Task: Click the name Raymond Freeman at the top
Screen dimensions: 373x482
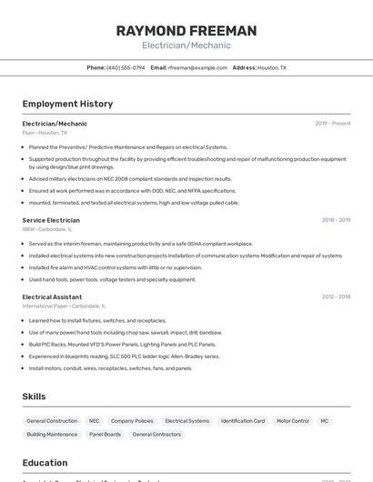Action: click(x=186, y=31)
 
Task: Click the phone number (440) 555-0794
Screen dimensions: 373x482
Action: click(x=126, y=67)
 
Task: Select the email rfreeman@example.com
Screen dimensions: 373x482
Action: click(x=197, y=67)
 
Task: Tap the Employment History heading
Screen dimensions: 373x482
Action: click(x=67, y=104)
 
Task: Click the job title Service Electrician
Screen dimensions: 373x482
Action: click(x=51, y=220)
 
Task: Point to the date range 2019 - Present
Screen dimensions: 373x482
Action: click(x=333, y=124)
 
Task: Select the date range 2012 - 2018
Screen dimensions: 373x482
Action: click(x=336, y=296)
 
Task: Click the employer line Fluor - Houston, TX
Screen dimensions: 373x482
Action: click(x=45, y=133)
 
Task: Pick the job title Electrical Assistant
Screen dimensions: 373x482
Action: click(x=52, y=296)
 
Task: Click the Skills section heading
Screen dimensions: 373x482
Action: click(x=34, y=397)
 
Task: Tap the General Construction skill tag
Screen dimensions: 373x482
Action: click(x=52, y=421)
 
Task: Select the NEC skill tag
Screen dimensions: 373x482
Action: click(x=94, y=421)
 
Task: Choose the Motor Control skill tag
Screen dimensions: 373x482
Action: click(x=293, y=421)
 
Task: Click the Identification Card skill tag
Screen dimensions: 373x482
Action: click(x=243, y=421)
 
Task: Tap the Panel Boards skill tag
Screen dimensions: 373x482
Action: click(x=105, y=435)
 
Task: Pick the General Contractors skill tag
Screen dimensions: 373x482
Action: click(x=156, y=435)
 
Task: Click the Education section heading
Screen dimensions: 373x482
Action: click(x=45, y=463)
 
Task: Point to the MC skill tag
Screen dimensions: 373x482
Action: click(x=325, y=421)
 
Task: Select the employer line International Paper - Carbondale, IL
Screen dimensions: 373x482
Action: click(x=64, y=306)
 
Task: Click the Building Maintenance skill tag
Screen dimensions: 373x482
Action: click(x=52, y=435)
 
